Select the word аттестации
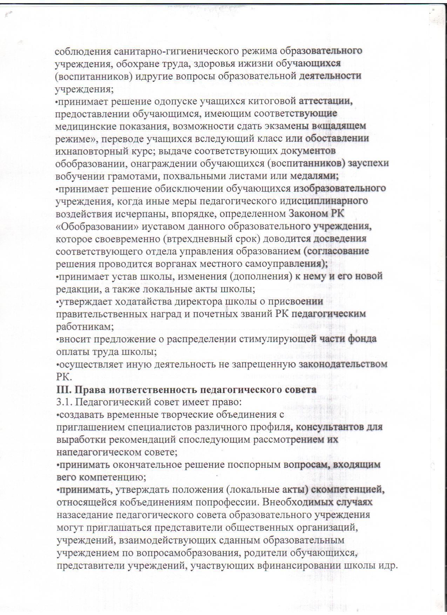[326, 101]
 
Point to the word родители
[290, 554]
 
